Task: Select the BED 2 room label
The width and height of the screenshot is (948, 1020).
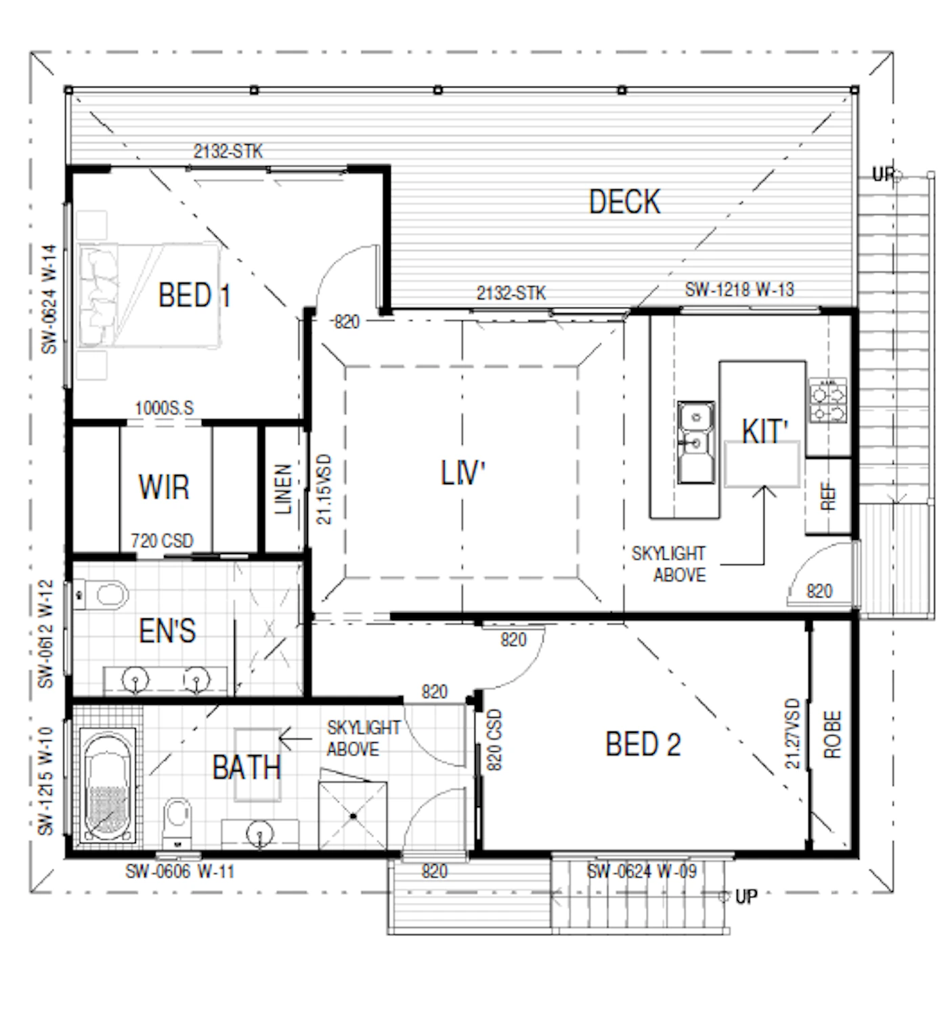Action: [643, 744]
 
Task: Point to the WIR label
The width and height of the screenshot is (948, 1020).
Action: [164, 487]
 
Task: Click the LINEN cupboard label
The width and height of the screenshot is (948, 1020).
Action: [284, 489]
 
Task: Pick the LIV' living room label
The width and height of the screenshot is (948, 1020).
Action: [462, 473]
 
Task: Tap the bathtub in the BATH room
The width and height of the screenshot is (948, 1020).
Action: [108, 785]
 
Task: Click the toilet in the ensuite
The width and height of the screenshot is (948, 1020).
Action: [101, 594]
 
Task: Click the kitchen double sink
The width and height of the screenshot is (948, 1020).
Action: [695, 442]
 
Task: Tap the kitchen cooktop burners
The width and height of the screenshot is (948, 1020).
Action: [828, 400]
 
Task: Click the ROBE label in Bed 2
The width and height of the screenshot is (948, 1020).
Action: [832, 734]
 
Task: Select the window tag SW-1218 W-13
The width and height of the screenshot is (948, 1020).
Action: [739, 290]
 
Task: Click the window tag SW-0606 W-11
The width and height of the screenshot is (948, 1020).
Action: [179, 871]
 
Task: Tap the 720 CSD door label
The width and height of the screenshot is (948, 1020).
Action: [162, 540]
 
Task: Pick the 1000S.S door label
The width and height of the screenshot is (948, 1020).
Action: [165, 408]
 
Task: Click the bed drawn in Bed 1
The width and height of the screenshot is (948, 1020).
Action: [149, 295]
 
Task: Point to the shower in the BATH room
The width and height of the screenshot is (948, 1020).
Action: [353, 815]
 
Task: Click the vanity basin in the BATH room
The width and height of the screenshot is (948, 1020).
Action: [260, 834]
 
